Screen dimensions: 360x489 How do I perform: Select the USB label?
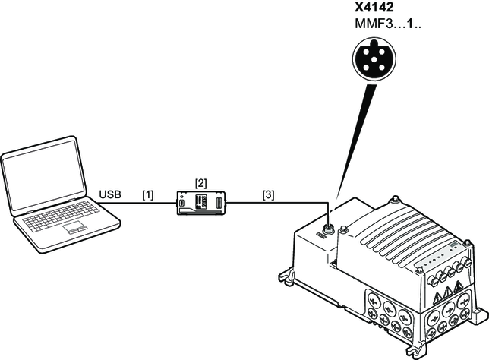tap(111, 195)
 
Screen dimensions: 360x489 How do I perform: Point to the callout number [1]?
tap(147, 195)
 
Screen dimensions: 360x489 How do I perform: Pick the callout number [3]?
tap(268, 195)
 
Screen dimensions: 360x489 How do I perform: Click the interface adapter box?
tap(201, 203)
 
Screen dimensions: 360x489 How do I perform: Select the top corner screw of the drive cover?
tap(395, 202)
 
